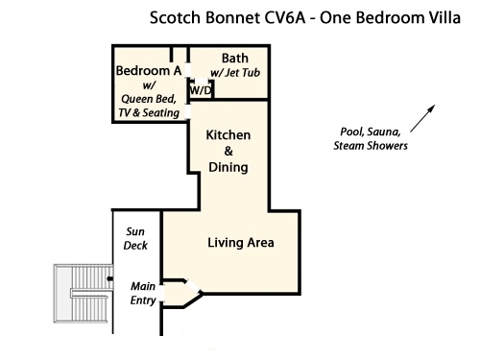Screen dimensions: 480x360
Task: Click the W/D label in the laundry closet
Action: pos(201,90)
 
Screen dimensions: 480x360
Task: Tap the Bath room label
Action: pos(235,59)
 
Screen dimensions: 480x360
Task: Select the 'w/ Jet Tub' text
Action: pos(235,73)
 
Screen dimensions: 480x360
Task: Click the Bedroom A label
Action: pos(149,70)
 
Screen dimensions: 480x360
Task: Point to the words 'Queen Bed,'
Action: pos(149,99)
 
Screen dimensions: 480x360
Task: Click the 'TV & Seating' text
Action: pos(149,112)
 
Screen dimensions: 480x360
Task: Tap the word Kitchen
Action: pos(228,135)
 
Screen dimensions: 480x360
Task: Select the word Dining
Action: pos(228,167)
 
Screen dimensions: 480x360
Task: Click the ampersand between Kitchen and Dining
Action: pos(228,151)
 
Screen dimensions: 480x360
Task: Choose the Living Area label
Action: pos(241,243)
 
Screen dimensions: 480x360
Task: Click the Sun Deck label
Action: pos(135,238)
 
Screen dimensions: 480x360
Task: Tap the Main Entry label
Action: pos(143,293)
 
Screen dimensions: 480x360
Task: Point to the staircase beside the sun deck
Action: pos(84,294)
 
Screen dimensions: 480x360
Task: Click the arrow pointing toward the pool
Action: pos(422,118)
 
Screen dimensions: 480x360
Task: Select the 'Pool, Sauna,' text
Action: pos(371,132)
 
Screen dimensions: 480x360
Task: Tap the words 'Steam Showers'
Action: pos(371,146)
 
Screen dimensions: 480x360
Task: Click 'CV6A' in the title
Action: pos(285,17)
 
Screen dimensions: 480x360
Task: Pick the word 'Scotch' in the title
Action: pos(175,17)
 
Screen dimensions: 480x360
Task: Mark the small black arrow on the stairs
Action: pos(109,278)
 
